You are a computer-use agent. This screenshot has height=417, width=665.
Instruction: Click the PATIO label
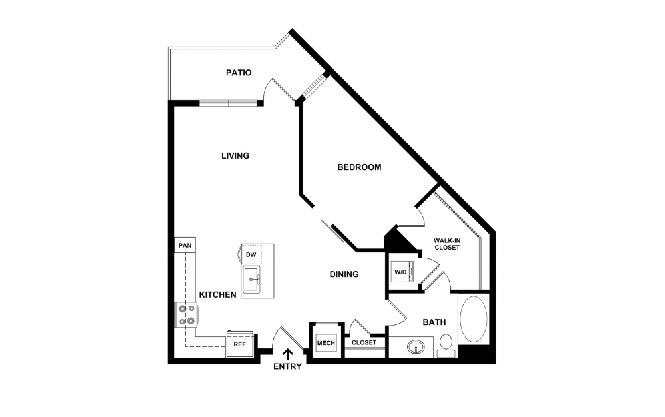[238, 72]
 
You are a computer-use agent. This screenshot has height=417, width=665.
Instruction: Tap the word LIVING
[235, 156]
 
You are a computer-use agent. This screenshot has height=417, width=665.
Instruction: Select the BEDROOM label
[359, 167]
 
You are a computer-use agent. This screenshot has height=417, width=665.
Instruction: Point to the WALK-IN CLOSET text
[447, 244]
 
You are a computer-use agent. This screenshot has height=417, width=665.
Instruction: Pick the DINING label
[344, 274]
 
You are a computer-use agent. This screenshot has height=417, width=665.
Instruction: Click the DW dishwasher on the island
[251, 255]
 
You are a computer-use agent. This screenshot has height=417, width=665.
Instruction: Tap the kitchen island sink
[252, 278]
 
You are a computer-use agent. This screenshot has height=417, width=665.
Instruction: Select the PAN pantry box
[184, 246]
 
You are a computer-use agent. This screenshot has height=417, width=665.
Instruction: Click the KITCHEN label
[217, 294]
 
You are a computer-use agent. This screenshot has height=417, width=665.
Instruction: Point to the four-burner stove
[186, 314]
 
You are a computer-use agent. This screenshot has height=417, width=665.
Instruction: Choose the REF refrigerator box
[238, 345]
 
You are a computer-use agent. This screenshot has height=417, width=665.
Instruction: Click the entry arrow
[288, 355]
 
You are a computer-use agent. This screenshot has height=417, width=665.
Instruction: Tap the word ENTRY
[288, 366]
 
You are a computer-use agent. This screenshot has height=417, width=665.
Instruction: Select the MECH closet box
[326, 343]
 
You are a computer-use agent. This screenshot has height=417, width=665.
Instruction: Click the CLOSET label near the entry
[364, 343]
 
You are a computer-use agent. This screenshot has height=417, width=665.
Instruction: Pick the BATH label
[434, 322]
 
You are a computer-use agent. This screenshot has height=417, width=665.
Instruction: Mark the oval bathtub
[473, 319]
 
